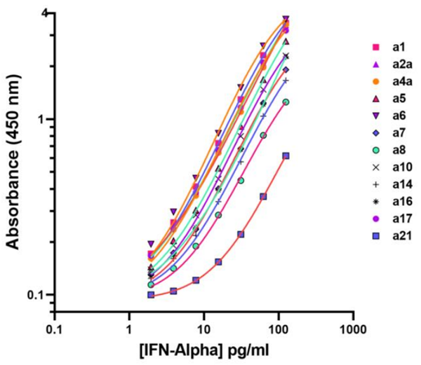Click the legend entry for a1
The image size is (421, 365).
point(398,47)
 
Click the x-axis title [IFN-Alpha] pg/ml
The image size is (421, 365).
point(203,350)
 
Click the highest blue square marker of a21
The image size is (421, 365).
point(286,156)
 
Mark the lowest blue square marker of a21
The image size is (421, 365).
point(151,295)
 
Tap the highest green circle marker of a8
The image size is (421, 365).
point(286,102)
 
